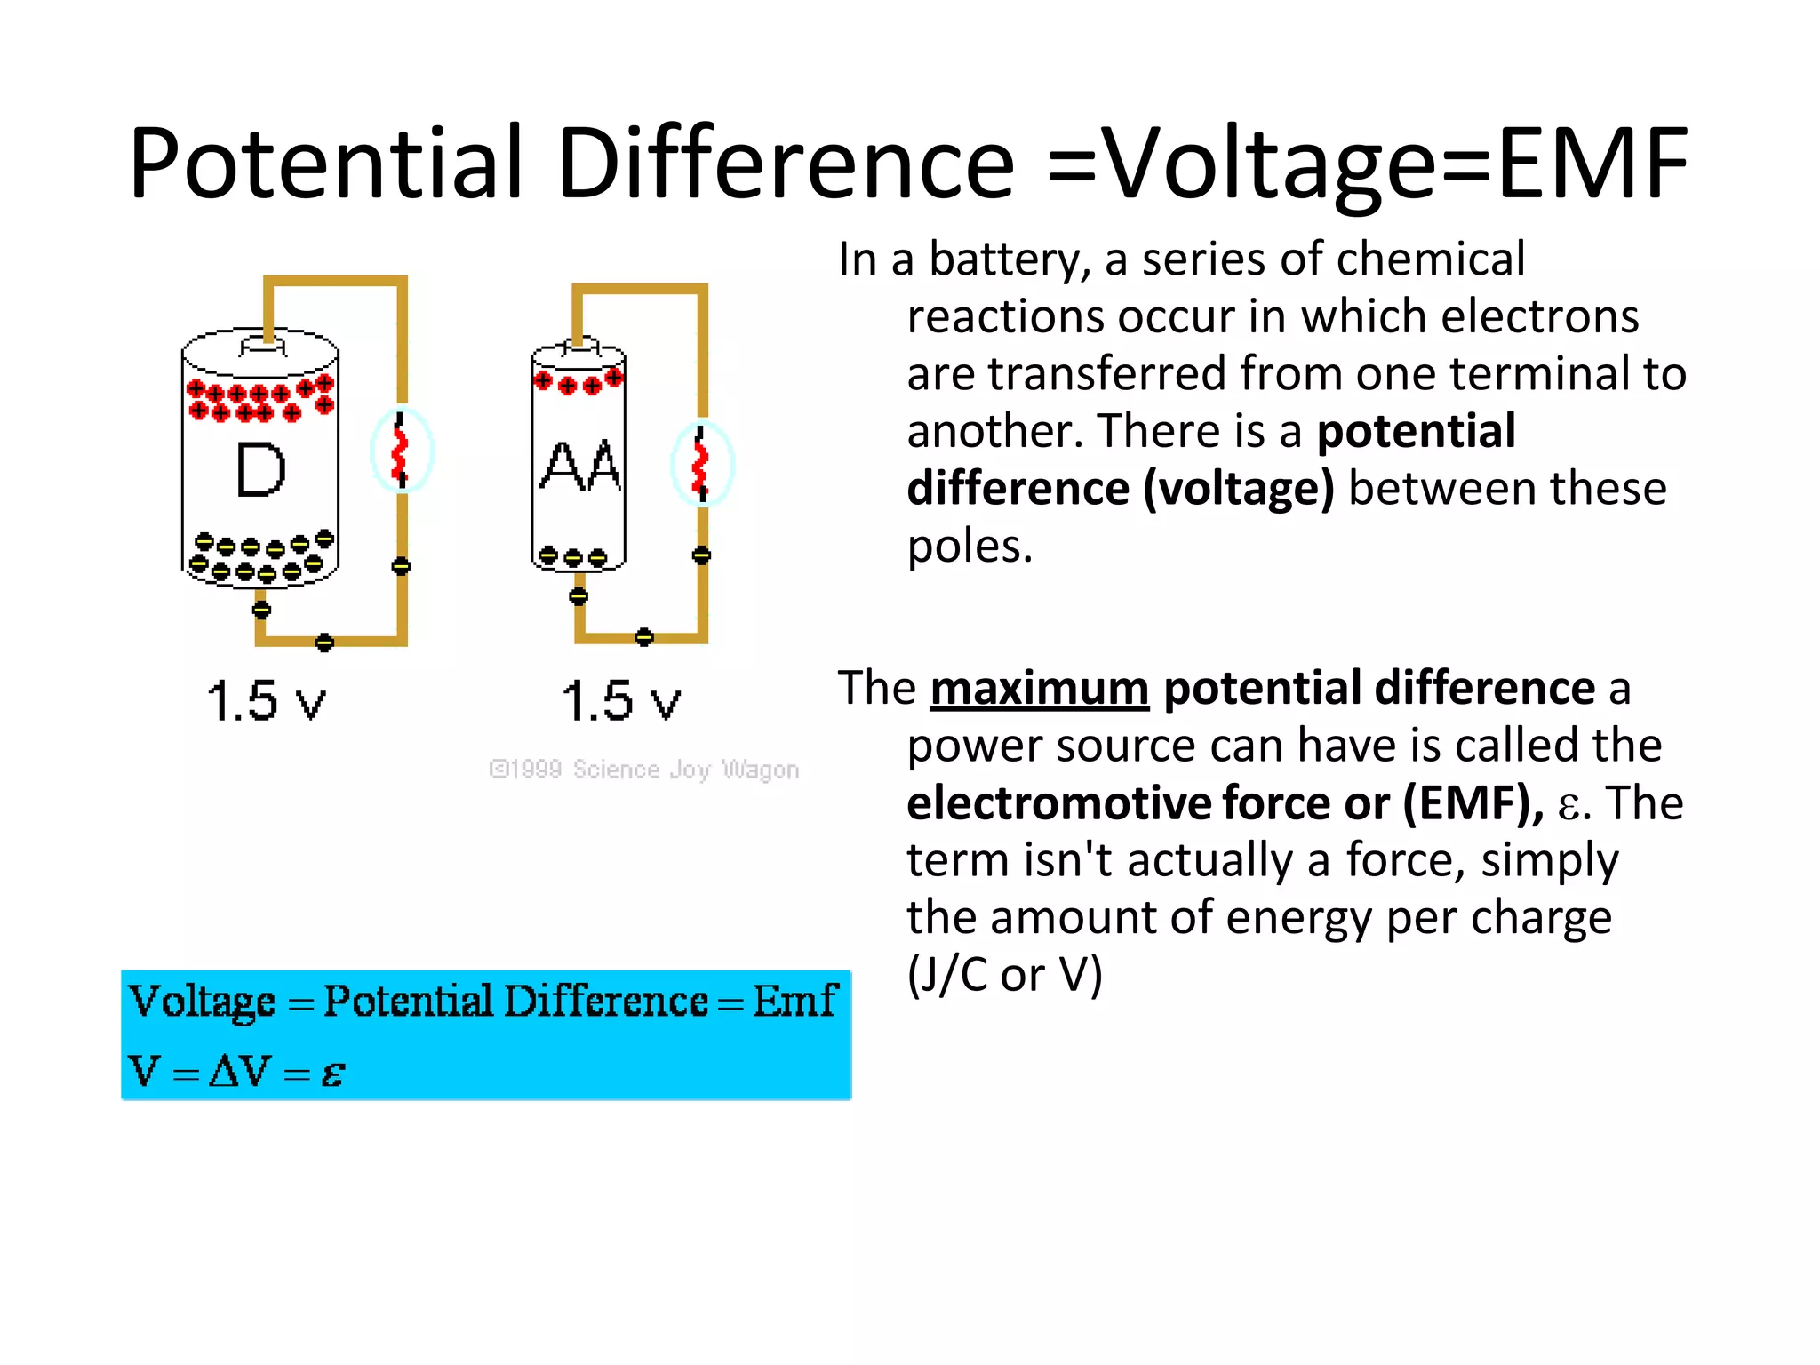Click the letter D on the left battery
(x=260, y=470)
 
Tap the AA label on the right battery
(x=579, y=467)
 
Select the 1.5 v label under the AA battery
(x=621, y=701)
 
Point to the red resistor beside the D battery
(x=400, y=451)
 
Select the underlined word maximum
(x=1040, y=689)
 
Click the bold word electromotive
(x=1058, y=803)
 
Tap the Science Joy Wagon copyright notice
(x=644, y=770)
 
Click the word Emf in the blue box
(x=794, y=1002)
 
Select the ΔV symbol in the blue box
(x=239, y=1071)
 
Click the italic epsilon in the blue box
(x=332, y=1074)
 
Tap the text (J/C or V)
(x=1004, y=975)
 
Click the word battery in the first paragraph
(x=1010, y=260)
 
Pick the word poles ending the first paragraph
(x=968, y=547)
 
